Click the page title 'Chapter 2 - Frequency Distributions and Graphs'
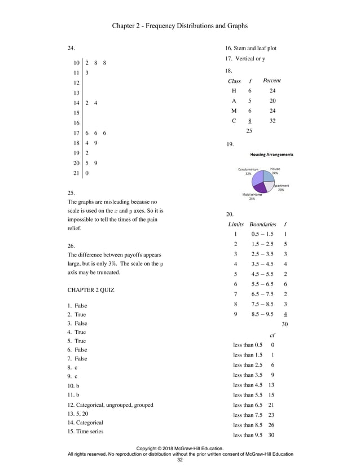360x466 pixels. coord(179,26)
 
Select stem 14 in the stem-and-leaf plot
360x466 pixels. coord(76,103)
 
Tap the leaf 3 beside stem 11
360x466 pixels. coord(87,73)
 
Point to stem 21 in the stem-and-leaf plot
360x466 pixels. coord(76,173)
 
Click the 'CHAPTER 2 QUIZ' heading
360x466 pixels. coord(91,291)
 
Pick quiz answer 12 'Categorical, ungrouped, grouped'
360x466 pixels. coord(110,405)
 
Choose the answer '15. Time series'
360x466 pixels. coord(85,432)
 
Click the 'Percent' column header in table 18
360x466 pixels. coord(271,81)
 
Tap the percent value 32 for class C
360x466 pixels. coord(273,121)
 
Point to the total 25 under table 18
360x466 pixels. coord(249,131)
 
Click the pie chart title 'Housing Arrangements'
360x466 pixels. coord(271,155)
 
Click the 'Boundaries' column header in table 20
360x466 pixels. coord(262,224)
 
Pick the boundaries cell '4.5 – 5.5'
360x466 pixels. coord(262,274)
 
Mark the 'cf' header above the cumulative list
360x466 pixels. coord(273,335)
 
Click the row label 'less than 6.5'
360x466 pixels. coord(247,405)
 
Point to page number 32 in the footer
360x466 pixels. coord(180,460)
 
